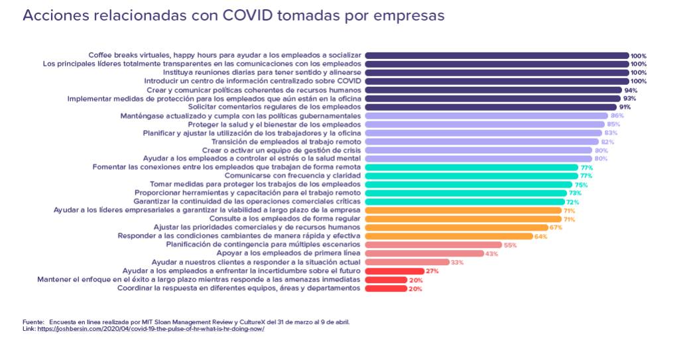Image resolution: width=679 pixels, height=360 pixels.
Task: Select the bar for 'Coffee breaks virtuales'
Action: (x=497, y=56)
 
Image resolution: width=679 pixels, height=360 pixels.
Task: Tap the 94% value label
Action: (x=631, y=90)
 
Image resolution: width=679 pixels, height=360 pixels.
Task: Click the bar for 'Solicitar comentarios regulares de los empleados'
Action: (x=490, y=107)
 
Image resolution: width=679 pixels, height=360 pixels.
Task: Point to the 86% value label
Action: (x=617, y=115)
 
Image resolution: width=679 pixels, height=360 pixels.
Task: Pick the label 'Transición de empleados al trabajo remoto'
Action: (x=286, y=141)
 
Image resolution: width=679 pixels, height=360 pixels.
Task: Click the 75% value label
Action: (x=581, y=185)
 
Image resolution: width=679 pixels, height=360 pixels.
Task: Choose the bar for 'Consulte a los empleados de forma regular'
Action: (x=463, y=219)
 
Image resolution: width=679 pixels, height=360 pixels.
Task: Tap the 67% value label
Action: (x=556, y=227)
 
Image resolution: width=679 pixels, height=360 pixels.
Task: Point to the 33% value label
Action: (x=457, y=263)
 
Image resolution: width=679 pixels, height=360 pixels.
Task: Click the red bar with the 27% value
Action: (x=395, y=271)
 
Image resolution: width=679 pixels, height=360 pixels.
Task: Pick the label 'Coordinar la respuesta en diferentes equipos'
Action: (x=239, y=288)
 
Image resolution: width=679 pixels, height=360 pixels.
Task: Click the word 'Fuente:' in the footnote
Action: (x=34, y=322)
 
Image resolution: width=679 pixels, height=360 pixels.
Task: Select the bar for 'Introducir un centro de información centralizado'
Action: (x=497, y=82)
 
